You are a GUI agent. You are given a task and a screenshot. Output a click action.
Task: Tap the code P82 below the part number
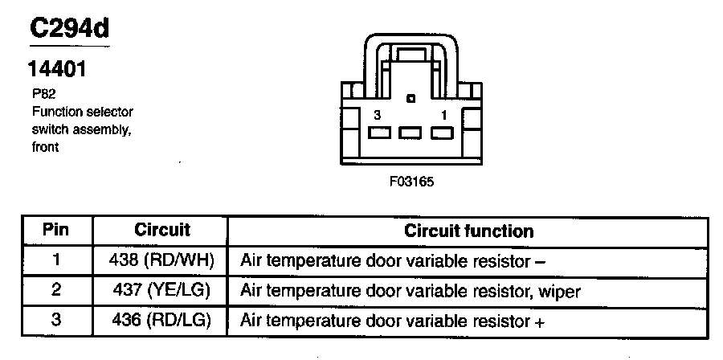[39, 93]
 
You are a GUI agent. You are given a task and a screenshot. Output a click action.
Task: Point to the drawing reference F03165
[411, 181]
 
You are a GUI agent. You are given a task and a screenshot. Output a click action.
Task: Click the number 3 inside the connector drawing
[378, 115]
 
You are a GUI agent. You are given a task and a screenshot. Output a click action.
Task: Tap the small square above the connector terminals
[411, 100]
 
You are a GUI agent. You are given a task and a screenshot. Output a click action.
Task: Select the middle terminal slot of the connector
[411, 133]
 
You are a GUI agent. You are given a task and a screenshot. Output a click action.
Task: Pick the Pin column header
[55, 230]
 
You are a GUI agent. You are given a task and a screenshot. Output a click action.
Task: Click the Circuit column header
[161, 230]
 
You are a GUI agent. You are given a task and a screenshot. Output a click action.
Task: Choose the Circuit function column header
[468, 231]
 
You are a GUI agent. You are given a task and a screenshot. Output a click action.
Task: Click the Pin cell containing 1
[55, 260]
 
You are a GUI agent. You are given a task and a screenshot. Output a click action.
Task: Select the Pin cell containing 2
[55, 289]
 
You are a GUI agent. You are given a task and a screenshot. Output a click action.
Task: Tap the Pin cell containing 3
[55, 320]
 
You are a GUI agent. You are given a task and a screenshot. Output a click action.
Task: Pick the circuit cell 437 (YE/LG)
[161, 290]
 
